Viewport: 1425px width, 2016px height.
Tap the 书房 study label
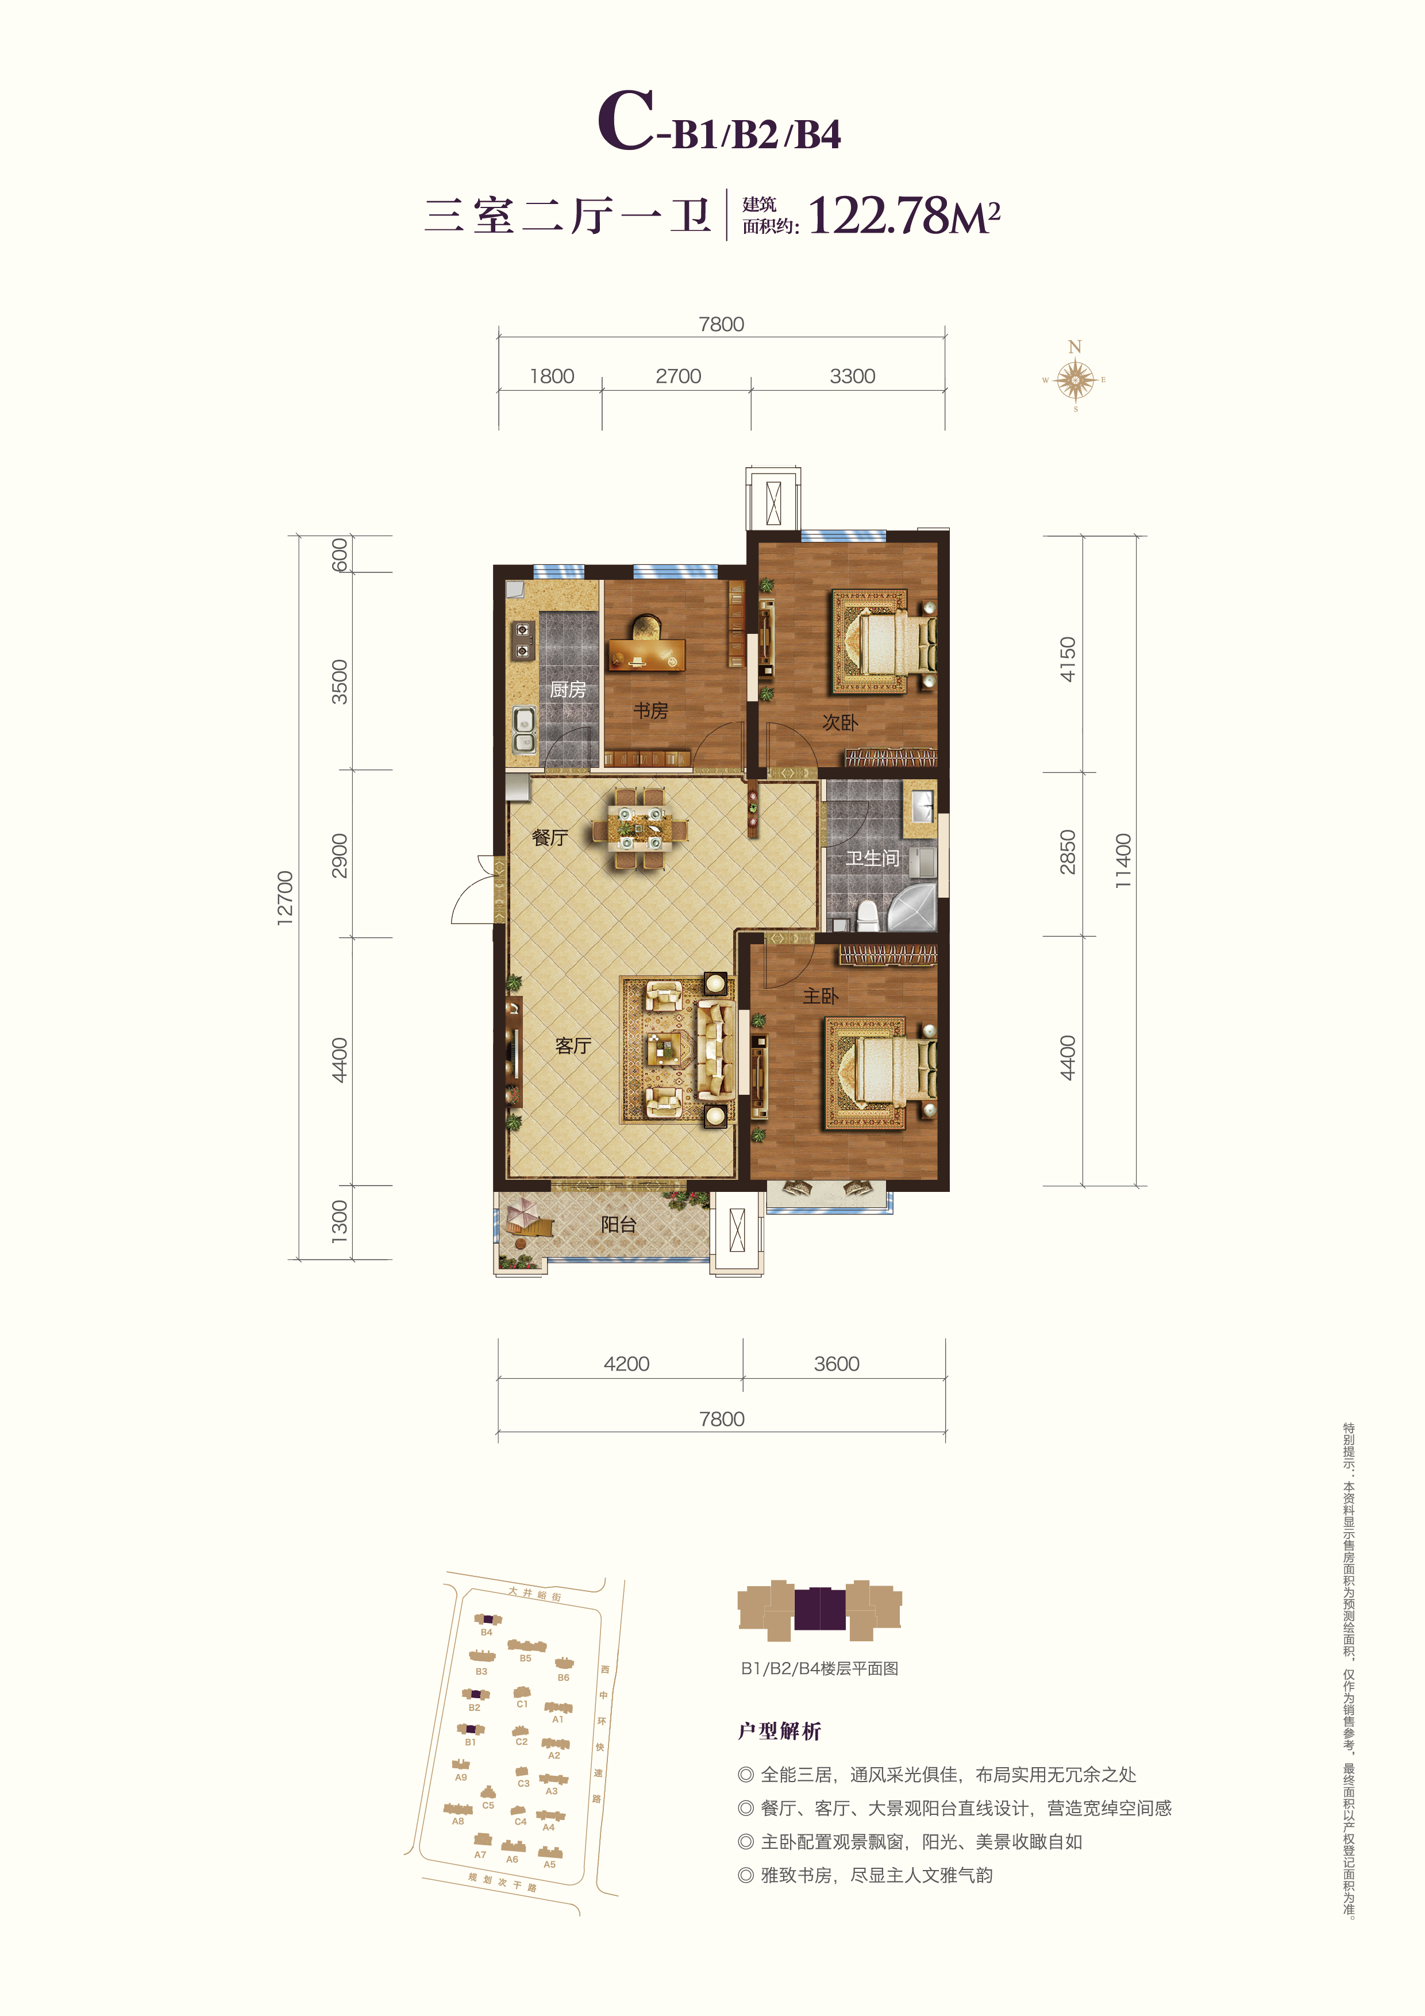(650, 710)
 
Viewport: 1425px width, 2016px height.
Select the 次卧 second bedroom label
(839, 722)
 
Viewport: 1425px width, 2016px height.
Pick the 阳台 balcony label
(618, 1224)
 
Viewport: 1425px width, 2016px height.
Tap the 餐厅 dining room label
(550, 838)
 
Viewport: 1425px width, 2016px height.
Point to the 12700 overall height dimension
(286, 897)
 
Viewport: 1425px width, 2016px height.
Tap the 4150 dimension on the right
(1067, 659)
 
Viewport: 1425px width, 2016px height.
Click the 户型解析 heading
(780, 1730)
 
